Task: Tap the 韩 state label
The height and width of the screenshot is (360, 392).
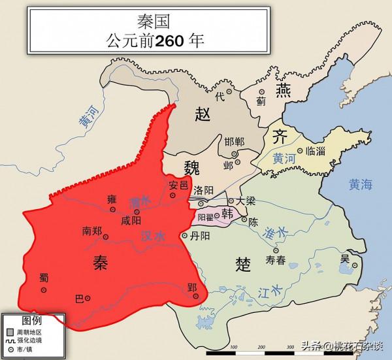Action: (x=228, y=212)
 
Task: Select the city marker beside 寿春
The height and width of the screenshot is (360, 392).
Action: (x=275, y=250)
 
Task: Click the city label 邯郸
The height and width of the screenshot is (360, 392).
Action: (x=235, y=142)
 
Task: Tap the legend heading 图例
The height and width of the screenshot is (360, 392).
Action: (x=32, y=319)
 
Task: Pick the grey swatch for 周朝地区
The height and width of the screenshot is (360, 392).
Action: (x=10, y=331)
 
